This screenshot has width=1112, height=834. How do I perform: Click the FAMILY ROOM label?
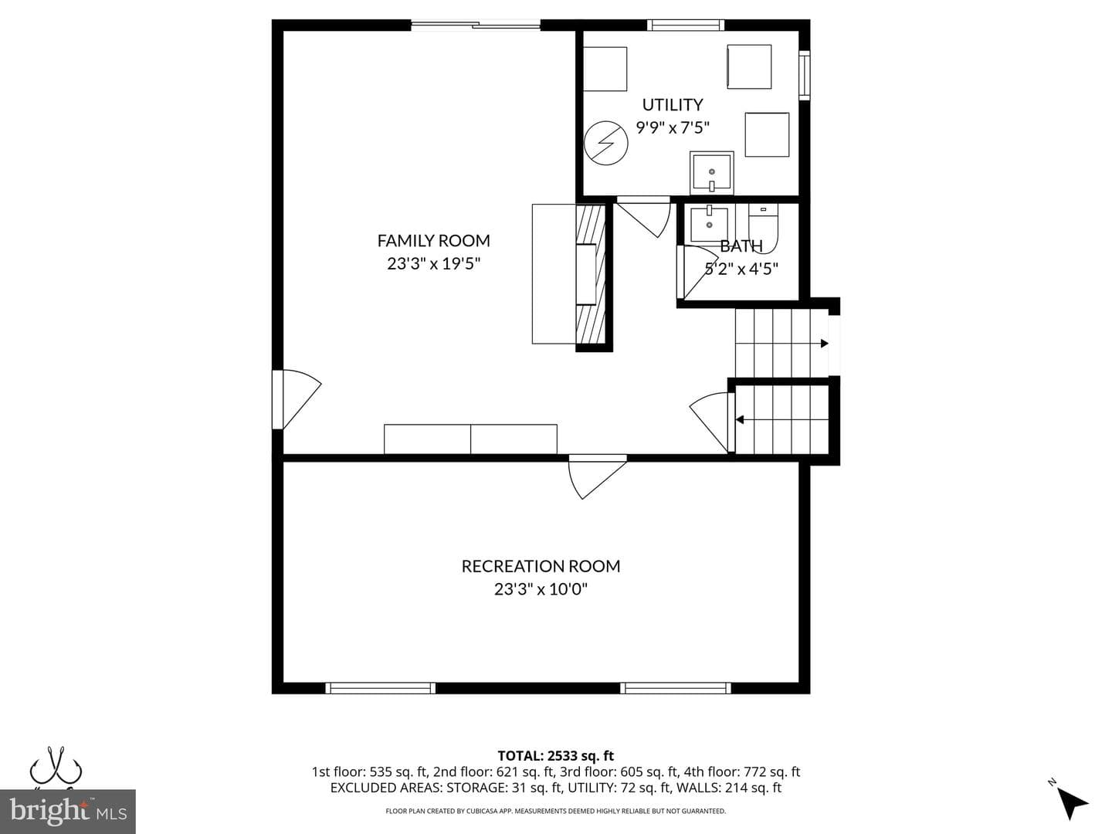tap(434, 240)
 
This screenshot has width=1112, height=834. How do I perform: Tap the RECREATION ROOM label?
tap(541, 566)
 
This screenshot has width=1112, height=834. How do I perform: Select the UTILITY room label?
tap(673, 105)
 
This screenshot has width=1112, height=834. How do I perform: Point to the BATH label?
tap(741, 246)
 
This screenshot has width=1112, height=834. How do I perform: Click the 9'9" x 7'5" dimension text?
tap(673, 127)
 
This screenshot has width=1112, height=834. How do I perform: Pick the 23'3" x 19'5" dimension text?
tap(434, 263)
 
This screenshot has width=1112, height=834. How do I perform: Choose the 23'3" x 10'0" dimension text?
tap(541, 589)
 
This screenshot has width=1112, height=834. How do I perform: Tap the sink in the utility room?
tap(712, 173)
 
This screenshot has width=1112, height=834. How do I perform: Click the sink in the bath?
tap(709, 223)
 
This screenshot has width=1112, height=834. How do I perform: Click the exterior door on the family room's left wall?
tap(297, 399)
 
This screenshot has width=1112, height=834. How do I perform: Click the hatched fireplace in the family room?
tap(591, 274)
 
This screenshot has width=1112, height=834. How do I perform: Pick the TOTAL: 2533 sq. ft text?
tap(556, 755)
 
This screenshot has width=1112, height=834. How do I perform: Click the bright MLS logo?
tap(68, 811)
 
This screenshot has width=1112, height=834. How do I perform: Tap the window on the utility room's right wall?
tap(805, 75)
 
